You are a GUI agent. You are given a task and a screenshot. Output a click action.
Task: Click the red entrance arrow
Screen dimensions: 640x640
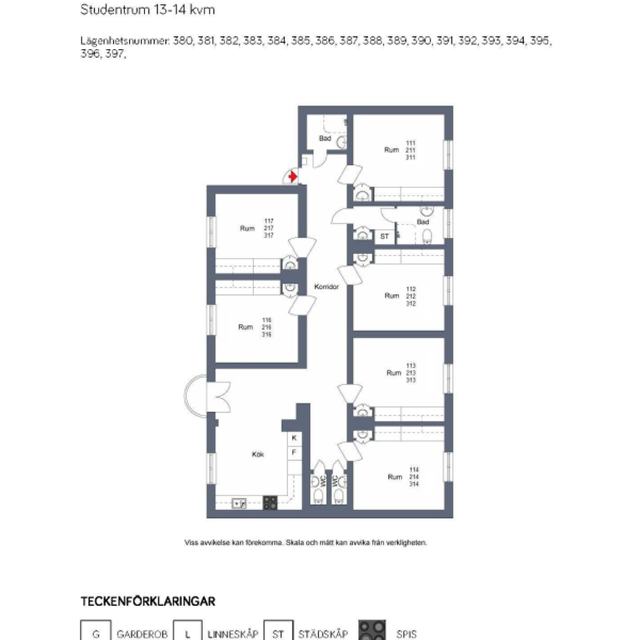click(293, 177)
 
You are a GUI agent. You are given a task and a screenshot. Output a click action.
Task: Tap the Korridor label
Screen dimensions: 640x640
click(326, 287)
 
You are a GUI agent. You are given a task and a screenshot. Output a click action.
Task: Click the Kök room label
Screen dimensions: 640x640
click(259, 455)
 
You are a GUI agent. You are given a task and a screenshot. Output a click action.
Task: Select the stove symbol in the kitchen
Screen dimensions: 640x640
click(270, 503)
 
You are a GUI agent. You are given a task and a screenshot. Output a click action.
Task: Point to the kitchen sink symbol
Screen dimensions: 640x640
click(239, 503)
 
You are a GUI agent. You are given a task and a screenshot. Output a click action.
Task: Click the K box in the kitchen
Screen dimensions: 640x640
click(293, 439)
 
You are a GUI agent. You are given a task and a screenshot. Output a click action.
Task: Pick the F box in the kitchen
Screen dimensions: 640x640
click(293, 452)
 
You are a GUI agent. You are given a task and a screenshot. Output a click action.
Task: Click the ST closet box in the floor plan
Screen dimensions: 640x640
click(384, 236)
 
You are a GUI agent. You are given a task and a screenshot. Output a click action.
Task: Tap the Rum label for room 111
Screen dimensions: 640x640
click(391, 150)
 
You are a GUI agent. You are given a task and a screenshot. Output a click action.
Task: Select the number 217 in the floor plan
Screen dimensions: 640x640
click(269, 228)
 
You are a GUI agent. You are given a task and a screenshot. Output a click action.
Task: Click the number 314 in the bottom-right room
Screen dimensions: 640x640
click(414, 484)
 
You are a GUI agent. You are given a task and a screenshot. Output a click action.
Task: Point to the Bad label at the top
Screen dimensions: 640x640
click(324, 139)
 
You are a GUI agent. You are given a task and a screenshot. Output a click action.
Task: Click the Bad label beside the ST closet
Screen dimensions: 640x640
click(423, 221)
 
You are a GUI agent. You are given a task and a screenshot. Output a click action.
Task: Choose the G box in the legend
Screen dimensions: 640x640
click(95, 633)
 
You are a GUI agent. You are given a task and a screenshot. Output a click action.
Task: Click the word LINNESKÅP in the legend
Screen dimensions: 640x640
click(233, 634)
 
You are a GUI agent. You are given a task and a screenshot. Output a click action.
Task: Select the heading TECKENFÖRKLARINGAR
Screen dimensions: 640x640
click(147, 601)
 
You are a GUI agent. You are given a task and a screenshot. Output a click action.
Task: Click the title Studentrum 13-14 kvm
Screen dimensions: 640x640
click(147, 11)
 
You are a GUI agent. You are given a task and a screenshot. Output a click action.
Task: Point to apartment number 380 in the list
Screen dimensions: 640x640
click(182, 41)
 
